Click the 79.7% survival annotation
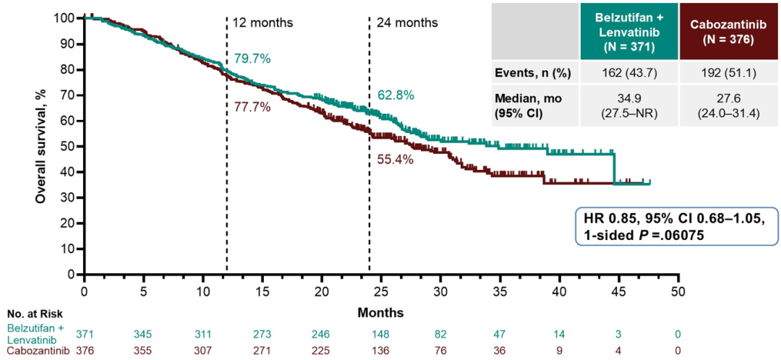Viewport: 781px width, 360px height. [252, 59]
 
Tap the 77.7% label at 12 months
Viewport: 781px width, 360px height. [252, 107]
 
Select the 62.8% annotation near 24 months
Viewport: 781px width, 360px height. [396, 95]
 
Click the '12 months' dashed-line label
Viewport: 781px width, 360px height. [263, 22]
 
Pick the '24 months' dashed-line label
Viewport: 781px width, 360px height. [407, 22]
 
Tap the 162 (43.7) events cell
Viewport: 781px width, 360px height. [628, 73]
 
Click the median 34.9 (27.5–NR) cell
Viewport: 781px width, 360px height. [628, 106]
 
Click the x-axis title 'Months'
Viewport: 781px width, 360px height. [380, 313]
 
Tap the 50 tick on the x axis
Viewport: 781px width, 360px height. [678, 289]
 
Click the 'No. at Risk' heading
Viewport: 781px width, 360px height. [35, 314]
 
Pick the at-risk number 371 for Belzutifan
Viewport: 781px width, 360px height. [85, 333]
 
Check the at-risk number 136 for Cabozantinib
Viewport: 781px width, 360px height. [380, 351]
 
